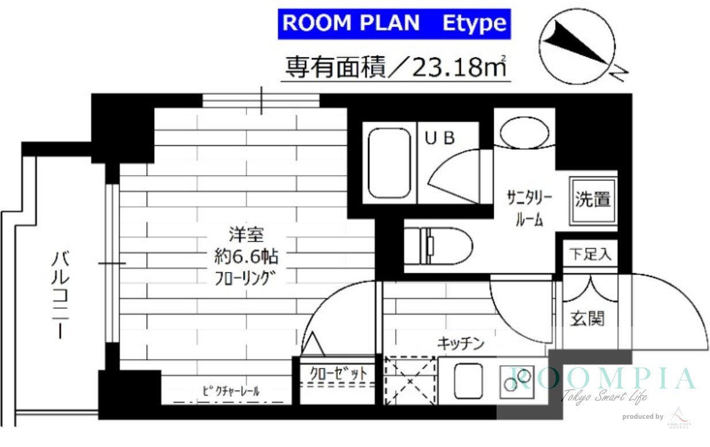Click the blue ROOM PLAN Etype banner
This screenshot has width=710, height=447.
click(x=394, y=24)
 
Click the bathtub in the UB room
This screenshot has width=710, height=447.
click(x=390, y=162)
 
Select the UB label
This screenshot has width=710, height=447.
click(x=440, y=138)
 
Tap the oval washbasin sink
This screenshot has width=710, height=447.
click(x=524, y=133)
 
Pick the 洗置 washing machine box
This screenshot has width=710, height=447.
click(x=593, y=200)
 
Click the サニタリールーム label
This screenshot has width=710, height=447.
click(x=529, y=208)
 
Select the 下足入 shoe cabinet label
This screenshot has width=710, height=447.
click(x=590, y=253)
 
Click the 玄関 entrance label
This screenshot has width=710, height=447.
click(x=587, y=317)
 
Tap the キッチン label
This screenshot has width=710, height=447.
click(x=460, y=344)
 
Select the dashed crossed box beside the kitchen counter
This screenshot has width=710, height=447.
click(x=410, y=381)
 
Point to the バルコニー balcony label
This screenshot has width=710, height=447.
click(x=59, y=294)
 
